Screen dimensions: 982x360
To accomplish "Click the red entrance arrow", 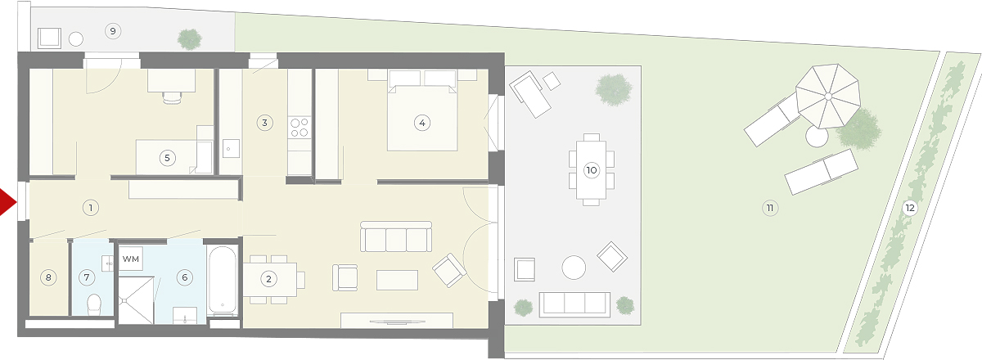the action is [x=7, y=202].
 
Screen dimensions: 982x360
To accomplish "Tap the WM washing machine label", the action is [x=131, y=259].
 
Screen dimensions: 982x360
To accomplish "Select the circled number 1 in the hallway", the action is [x=91, y=207].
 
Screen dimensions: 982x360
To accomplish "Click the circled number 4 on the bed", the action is [x=422, y=123].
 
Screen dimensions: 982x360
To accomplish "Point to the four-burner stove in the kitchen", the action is [x=300, y=127].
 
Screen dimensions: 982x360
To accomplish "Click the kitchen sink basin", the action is [x=231, y=149].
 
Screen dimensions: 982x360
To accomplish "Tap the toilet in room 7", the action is [x=94, y=304].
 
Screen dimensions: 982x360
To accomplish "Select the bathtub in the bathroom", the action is [x=223, y=281].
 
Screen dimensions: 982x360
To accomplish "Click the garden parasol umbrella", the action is [x=827, y=96].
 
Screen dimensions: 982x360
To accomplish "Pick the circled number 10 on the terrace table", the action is [x=592, y=169].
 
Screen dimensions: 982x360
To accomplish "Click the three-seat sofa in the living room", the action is [x=396, y=236].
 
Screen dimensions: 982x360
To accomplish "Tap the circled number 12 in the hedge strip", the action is [x=910, y=207].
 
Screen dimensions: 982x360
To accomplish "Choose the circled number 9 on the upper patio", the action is [x=113, y=31].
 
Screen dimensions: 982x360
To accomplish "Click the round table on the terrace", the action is [x=574, y=267].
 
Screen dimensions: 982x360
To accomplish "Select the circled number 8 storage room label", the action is [x=48, y=277].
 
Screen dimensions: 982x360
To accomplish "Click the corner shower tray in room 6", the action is [x=137, y=300].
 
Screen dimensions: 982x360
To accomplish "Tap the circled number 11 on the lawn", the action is [x=770, y=207].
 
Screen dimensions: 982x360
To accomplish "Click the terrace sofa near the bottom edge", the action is [x=574, y=304].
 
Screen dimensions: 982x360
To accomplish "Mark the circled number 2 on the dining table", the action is [x=268, y=278].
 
